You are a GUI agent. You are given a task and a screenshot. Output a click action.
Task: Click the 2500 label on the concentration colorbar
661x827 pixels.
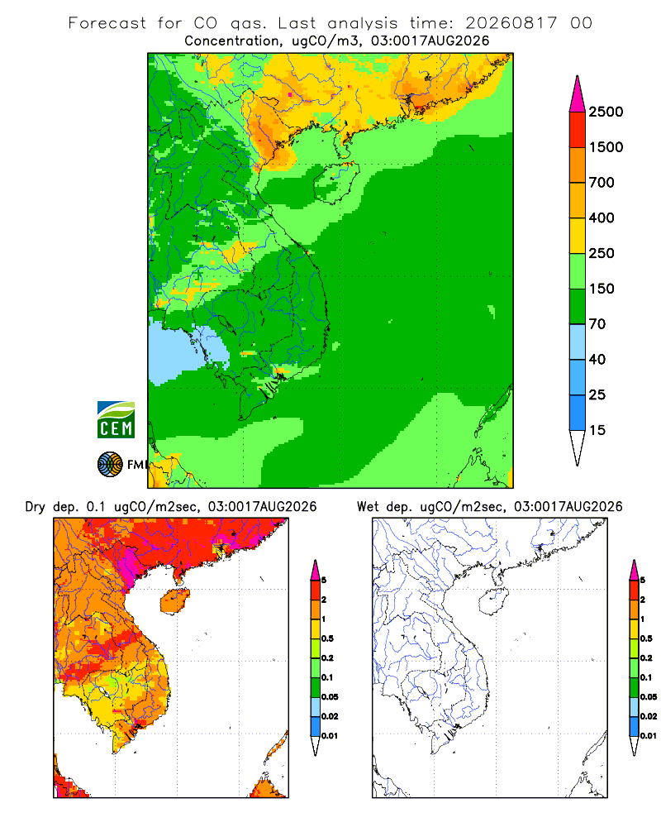pos(606,112)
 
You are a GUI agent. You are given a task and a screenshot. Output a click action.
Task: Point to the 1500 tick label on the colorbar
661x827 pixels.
pos(606,147)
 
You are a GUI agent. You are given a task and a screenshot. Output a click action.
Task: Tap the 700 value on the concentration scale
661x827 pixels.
pos(602,183)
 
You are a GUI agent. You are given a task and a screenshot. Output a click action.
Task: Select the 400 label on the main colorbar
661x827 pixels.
pos(602,218)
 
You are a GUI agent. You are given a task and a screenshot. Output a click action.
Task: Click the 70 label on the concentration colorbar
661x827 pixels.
pos(597,324)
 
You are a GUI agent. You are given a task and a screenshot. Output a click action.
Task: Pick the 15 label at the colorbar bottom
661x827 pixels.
pos(597,430)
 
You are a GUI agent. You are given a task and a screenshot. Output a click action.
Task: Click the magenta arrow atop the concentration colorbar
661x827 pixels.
pos(578,94)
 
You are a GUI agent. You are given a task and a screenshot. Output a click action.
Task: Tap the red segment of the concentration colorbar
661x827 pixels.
pos(578,130)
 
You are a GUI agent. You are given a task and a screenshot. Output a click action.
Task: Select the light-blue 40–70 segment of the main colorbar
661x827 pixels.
pos(578,342)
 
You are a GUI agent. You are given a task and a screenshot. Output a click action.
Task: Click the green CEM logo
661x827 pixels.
pos(116,420)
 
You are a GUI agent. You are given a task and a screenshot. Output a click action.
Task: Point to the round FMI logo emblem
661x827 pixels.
pos(110,465)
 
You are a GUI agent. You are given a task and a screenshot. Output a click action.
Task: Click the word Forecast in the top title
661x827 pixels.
pos(107,23)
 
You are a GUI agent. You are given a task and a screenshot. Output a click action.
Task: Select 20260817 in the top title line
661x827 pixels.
pos(511,23)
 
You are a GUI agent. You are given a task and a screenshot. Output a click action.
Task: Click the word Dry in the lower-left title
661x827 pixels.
pos(36,508)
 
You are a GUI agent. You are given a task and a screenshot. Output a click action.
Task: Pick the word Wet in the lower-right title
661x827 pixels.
pos(368,507)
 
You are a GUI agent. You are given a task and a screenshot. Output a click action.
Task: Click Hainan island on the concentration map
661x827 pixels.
pos(336,182)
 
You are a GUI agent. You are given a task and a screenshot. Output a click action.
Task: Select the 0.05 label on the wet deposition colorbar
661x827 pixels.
pos(649,696)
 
